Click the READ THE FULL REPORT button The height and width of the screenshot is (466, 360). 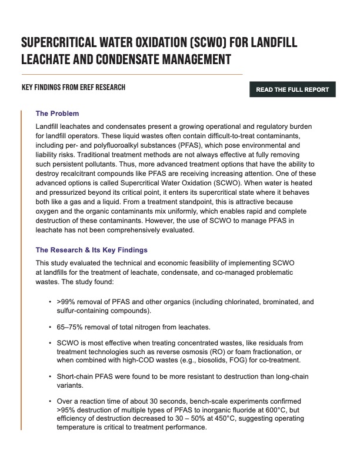(x=292, y=90)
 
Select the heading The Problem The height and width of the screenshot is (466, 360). (x=57, y=114)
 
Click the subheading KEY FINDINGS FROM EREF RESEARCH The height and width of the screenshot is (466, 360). (x=73, y=88)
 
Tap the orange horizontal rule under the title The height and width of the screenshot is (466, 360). (x=132, y=74)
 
